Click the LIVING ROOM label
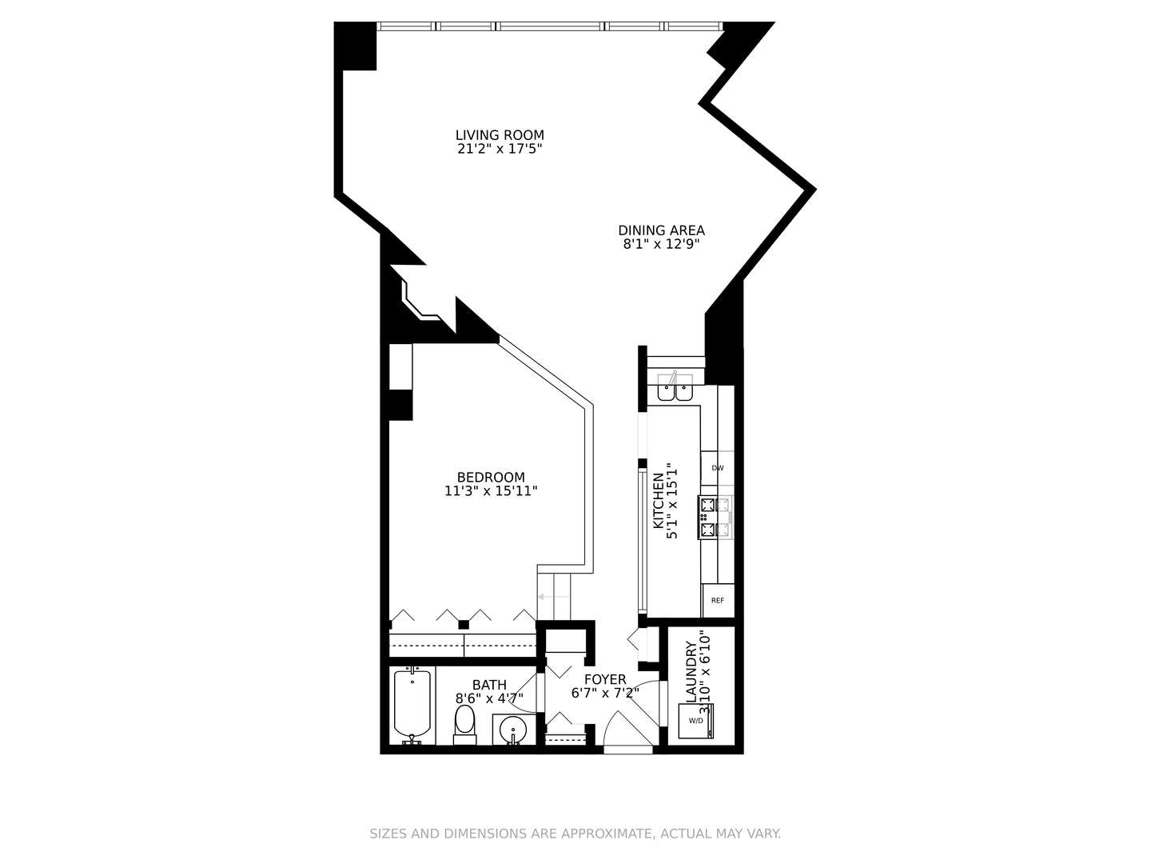click(500, 135)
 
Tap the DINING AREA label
click(661, 230)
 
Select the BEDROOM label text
click(491, 478)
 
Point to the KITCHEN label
click(659, 500)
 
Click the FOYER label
click(604, 679)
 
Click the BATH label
click(488, 685)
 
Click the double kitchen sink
click(675, 390)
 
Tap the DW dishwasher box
click(717, 468)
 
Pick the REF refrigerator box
click(717, 600)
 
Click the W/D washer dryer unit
click(695, 720)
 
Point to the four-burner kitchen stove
click(715, 517)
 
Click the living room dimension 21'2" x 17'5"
click(500, 149)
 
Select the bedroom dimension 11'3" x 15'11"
click(491, 491)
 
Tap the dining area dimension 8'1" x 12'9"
click(661, 244)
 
